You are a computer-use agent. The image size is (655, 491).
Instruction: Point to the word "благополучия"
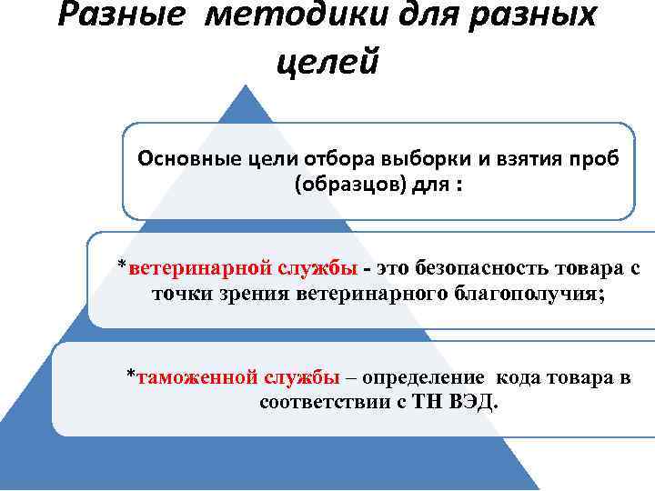coord(525,293)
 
